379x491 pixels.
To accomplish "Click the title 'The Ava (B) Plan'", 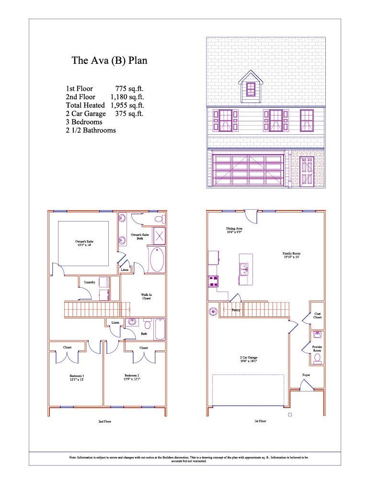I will (x=109, y=60).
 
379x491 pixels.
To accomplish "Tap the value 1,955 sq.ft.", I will (x=127, y=105).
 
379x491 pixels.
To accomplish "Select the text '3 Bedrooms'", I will (x=84, y=122).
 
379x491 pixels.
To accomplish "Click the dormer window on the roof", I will (x=251, y=89).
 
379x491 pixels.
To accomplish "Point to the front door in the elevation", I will (x=306, y=172).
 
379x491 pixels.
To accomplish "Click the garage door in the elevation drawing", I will (x=247, y=170).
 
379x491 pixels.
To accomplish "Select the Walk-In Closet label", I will (x=146, y=296).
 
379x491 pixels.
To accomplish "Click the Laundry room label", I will (x=90, y=282).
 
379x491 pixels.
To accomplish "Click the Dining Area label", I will (x=234, y=231).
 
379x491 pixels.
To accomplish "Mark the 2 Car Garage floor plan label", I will (x=248, y=359).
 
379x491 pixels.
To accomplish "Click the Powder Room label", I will (x=317, y=348).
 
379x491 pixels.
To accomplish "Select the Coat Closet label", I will (x=317, y=315).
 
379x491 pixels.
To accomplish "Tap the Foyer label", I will (x=306, y=374).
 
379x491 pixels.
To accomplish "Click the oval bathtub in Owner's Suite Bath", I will (x=157, y=260).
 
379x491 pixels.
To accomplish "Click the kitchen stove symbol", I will (x=212, y=281).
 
